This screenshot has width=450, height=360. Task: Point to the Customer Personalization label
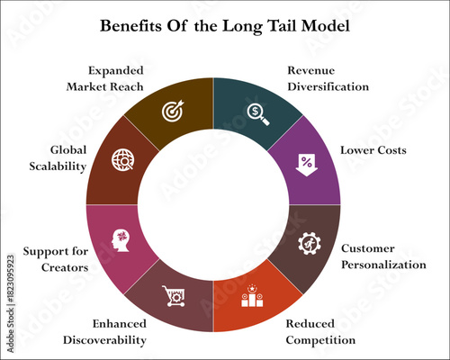coord(382,256)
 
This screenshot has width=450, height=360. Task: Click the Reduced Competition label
coord(320,331)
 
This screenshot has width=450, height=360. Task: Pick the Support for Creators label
coord(56,258)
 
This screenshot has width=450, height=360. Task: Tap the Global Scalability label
coord(57,157)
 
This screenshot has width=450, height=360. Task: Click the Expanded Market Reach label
coord(106,78)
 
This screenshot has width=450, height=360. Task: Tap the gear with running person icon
coord(309,242)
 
